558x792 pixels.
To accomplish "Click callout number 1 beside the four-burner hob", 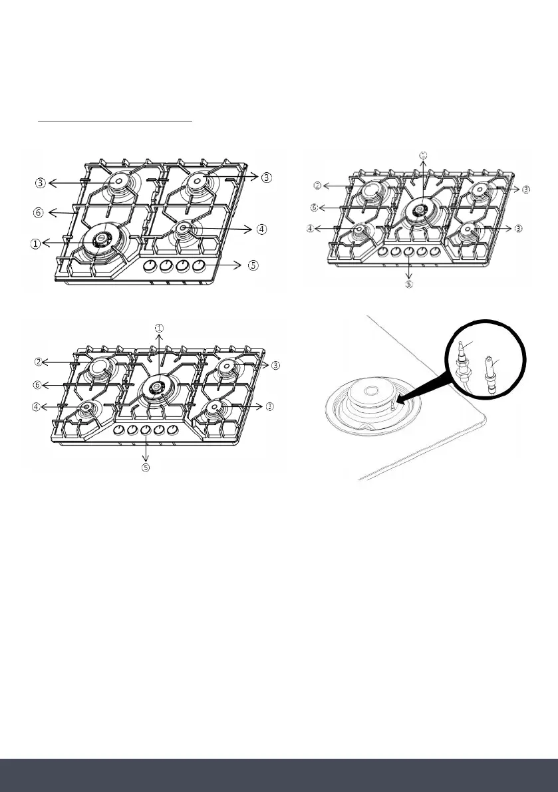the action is pyautogui.click(x=34, y=243).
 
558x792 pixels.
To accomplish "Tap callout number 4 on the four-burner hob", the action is pyautogui.click(x=261, y=229).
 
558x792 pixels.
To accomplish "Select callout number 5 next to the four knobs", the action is pyautogui.click(x=253, y=265).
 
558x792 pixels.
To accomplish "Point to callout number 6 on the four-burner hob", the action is pyautogui.click(x=39, y=213).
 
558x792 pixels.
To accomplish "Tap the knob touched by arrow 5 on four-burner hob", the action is pyautogui.click(x=198, y=266).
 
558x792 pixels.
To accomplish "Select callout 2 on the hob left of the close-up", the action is pyautogui.click(x=39, y=362).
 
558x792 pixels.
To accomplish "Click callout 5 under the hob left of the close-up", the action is pyautogui.click(x=146, y=467).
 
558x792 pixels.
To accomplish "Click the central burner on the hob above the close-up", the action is pyautogui.click(x=419, y=209).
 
